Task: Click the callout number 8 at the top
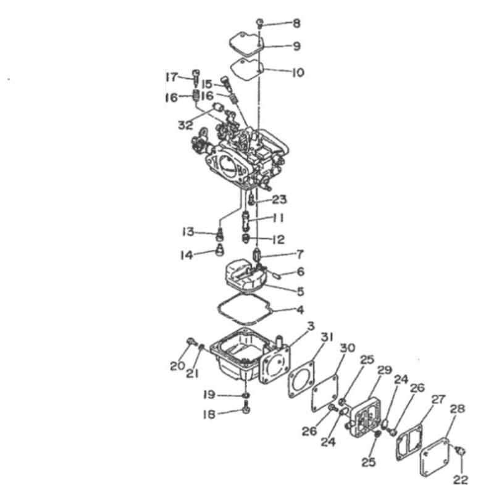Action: pyautogui.click(x=296, y=23)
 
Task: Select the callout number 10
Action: pyautogui.click(x=298, y=73)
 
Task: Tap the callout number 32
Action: pyautogui.click(x=185, y=125)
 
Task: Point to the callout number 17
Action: pyautogui.click(x=172, y=77)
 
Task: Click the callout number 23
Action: pyautogui.click(x=280, y=199)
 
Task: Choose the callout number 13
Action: pyautogui.click(x=188, y=232)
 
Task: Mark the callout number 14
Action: pyautogui.click(x=186, y=255)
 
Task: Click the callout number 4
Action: pyautogui.click(x=300, y=310)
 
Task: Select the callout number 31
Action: pyautogui.click(x=327, y=337)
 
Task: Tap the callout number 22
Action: pyautogui.click(x=460, y=479)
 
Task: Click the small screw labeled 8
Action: pyautogui.click(x=260, y=23)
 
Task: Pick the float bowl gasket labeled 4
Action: pyautogui.click(x=245, y=309)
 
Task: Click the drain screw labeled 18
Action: pyautogui.click(x=246, y=408)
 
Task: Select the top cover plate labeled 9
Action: pyautogui.click(x=246, y=45)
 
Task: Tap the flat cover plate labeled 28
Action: pyautogui.click(x=435, y=458)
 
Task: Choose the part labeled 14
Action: pyautogui.click(x=220, y=250)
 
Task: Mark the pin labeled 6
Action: pyautogui.click(x=277, y=275)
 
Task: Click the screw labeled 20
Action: pyautogui.click(x=191, y=341)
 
